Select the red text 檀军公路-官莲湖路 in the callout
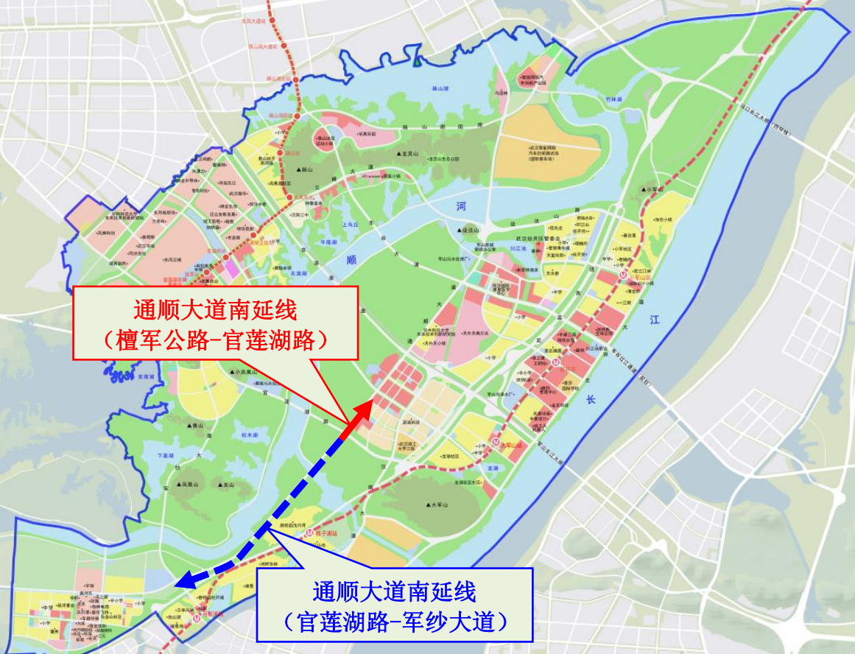coord(214,340)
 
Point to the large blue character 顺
coord(351,259)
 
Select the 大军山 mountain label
coord(439,504)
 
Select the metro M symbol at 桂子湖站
coord(311,532)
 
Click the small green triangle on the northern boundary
coord(418,61)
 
